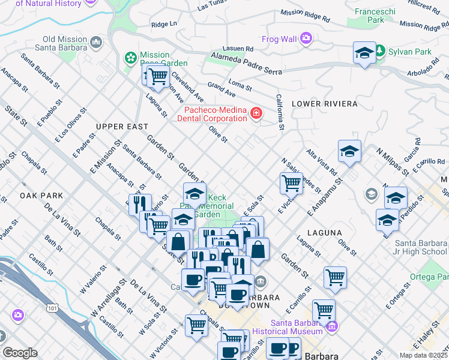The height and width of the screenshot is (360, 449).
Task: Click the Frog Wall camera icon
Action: [x=307, y=39]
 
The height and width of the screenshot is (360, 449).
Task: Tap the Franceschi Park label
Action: [x=369, y=16]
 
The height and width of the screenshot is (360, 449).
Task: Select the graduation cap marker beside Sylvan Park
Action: [x=364, y=53]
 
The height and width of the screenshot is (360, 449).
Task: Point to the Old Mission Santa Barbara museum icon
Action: [x=97, y=43]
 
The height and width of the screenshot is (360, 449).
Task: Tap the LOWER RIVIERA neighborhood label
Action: [x=324, y=104]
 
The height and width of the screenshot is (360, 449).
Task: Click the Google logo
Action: [x=20, y=352]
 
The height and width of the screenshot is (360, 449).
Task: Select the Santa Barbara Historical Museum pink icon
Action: [x=332, y=326]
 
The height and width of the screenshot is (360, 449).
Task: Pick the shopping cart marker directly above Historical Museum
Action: [x=324, y=310]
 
